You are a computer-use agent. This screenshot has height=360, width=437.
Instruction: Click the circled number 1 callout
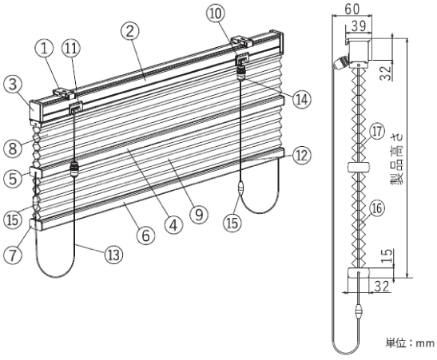44,49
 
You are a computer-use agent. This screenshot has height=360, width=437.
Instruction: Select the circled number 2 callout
130,31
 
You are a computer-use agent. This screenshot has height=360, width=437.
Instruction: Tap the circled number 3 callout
13,85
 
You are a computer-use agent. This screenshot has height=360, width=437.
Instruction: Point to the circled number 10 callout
216,14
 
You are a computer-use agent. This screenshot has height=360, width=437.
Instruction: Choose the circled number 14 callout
302,100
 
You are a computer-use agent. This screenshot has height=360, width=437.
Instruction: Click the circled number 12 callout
302,156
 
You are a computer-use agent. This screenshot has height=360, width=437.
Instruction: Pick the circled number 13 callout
113,255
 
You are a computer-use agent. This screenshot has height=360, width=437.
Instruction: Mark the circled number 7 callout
13,255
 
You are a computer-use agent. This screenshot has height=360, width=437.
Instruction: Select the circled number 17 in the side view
377,131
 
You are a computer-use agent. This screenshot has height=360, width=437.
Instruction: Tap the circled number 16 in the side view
377,208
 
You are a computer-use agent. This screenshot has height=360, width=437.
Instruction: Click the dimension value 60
352,9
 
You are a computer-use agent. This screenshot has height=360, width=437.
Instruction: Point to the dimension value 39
359,26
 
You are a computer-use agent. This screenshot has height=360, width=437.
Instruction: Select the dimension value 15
387,256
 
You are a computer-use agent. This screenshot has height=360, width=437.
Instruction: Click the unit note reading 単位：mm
410,343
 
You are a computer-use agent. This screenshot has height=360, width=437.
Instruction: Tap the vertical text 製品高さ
397,159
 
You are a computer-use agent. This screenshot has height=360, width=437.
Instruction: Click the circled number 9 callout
199,215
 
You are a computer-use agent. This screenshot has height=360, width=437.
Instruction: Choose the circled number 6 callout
145,235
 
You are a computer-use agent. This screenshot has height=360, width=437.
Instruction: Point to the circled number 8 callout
13,148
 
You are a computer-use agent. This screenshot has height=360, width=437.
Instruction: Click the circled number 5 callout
13,178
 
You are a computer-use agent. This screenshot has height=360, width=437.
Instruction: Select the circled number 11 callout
71,49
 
